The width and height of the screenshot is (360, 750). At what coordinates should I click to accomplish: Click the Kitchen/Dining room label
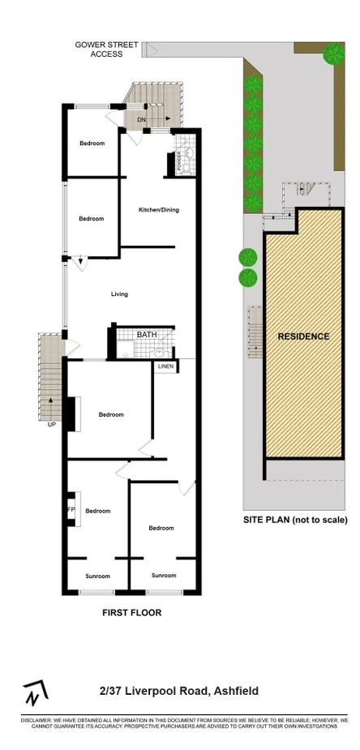(159, 210)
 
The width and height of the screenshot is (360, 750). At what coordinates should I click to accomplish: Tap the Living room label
(119, 294)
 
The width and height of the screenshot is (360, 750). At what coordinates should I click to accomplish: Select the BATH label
(147, 334)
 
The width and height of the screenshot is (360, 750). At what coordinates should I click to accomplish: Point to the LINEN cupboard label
(165, 366)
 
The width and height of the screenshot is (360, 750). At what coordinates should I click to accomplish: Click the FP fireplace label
(71, 510)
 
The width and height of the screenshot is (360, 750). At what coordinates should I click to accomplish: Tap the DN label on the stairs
(141, 121)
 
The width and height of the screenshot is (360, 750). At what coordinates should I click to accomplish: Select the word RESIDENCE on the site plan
(304, 336)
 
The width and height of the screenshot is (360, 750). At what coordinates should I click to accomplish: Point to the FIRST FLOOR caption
(131, 613)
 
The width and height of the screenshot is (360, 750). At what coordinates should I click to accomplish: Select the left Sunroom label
(97, 576)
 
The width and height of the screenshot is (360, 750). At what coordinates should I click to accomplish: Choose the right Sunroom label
(164, 575)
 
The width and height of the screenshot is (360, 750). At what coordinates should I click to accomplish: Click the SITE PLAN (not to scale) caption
(295, 520)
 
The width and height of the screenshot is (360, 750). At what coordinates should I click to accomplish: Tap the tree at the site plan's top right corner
(333, 54)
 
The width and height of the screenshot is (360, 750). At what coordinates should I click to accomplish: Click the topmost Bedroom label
(92, 144)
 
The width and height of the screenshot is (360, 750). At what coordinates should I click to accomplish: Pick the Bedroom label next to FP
(97, 511)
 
